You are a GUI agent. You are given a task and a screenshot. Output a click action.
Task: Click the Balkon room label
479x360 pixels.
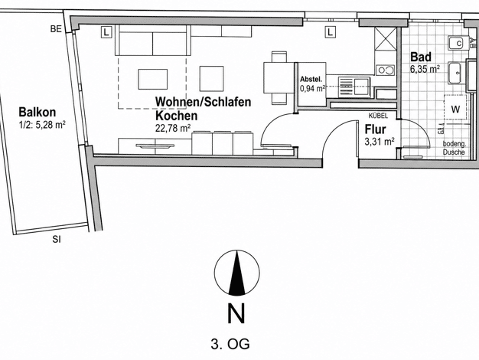click(x=37, y=113)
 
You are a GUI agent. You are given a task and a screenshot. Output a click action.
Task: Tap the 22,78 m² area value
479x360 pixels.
click(x=174, y=128)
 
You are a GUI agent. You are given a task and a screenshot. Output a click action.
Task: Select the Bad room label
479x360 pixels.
click(x=421, y=57)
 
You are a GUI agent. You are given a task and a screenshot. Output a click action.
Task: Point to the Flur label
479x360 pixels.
click(x=376, y=129)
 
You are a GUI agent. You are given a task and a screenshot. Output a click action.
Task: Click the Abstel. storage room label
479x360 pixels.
click(x=311, y=79)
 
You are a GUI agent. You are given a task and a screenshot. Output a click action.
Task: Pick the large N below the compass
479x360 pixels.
click(x=236, y=313)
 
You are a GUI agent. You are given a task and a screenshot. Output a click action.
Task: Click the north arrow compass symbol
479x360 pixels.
click(x=236, y=273)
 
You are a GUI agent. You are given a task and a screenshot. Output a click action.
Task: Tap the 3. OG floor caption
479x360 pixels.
click(x=230, y=344)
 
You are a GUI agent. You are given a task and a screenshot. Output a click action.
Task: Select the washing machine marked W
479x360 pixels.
click(x=455, y=107)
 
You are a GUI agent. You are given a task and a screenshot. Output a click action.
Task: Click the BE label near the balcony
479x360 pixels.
click(x=56, y=29)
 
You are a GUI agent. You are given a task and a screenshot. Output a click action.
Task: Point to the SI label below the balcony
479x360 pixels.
click(x=56, y=240)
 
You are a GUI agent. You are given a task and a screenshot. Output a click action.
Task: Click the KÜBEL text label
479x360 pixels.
click(x=378, y=116)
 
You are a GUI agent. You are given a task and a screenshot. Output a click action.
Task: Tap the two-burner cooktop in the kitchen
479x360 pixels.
click(x=386, y=70)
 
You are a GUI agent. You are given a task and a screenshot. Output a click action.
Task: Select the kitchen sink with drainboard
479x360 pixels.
click(x=354, y=87)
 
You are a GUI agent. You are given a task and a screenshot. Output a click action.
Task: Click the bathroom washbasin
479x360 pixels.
click(x=457, y=73)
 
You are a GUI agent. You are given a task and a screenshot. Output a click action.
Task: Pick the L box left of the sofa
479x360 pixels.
click(x=106, y=32)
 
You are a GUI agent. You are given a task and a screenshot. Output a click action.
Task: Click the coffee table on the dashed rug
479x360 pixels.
click(x=153, y=79)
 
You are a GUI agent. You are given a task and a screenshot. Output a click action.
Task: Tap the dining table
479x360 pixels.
click(x=279, y=77)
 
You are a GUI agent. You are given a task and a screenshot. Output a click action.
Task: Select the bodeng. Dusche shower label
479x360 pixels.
click(x=455, y=148)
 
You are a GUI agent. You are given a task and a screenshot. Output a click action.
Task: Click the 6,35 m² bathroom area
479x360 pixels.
click(x=425, y=69)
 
